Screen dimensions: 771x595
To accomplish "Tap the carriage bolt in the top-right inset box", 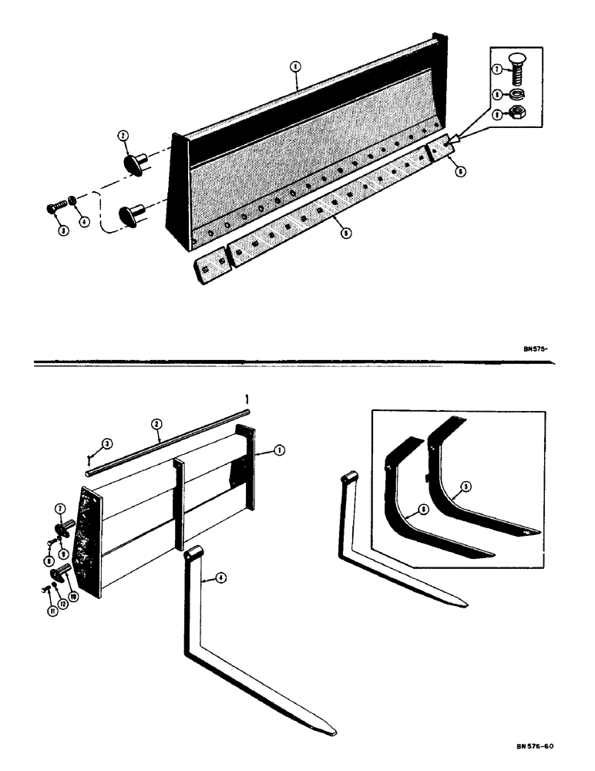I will click(x=513, y=73).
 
